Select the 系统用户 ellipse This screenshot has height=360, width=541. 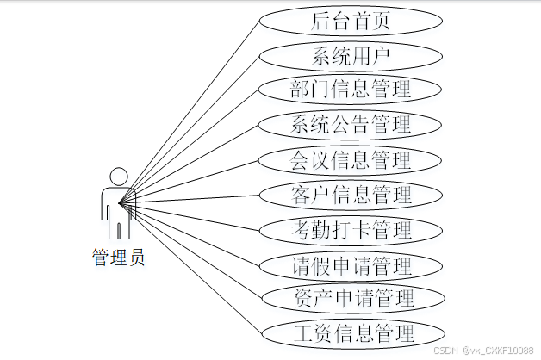(351, 56)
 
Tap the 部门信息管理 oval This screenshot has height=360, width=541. (351, 90)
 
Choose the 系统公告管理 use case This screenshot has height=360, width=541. (351, 124)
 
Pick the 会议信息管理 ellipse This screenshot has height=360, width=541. (351, 159)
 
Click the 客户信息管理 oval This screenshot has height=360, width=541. (351, 194)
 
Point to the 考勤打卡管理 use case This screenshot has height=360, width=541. (351, 229)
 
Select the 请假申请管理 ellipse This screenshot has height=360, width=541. (351, 264)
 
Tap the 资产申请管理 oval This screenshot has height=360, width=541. (351, 298)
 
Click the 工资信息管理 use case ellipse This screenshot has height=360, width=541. (351, 332)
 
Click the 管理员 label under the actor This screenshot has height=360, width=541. (118, 257)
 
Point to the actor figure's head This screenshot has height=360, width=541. (118, 175)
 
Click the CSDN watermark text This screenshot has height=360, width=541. (484, 351)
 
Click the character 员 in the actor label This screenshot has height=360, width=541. (136, 257)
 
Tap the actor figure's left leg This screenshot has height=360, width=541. (113, 228)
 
